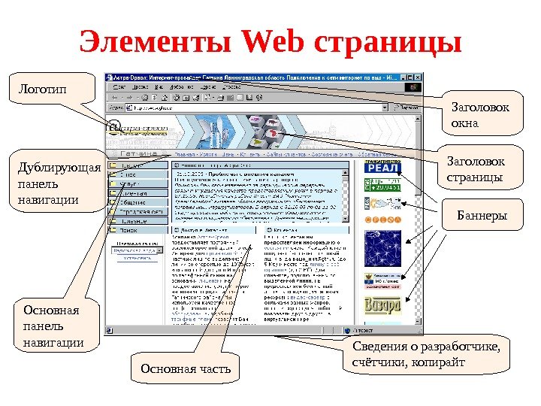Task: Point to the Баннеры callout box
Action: tap(482, 217)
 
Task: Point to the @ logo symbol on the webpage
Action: tap(114, 126)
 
